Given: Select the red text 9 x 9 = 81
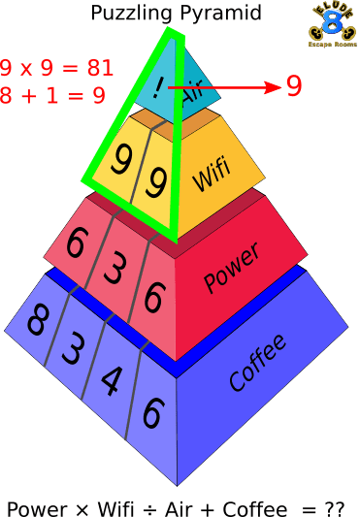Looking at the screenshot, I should coord(56,69).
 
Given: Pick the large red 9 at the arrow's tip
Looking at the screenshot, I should coord(293,86).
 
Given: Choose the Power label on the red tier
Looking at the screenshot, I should coord(232,269).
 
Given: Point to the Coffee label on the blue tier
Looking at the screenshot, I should coord(258,363).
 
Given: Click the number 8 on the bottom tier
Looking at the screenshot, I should coord(37,321).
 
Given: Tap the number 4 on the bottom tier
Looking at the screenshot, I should coord(112,376).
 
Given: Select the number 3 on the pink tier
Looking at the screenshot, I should coord(113,269).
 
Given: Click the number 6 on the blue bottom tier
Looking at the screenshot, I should coord(151,412).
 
